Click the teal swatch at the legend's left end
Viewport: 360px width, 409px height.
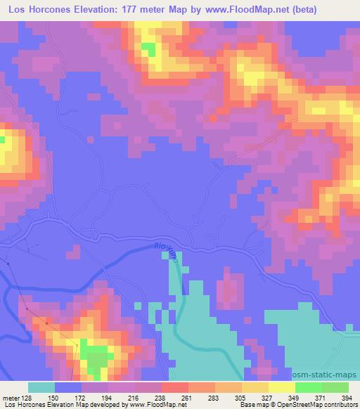[41, 387]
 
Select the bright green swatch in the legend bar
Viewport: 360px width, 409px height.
[308, 387]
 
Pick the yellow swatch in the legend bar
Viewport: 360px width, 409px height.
[281, 387]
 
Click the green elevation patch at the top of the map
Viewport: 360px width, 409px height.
[148, 48]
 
